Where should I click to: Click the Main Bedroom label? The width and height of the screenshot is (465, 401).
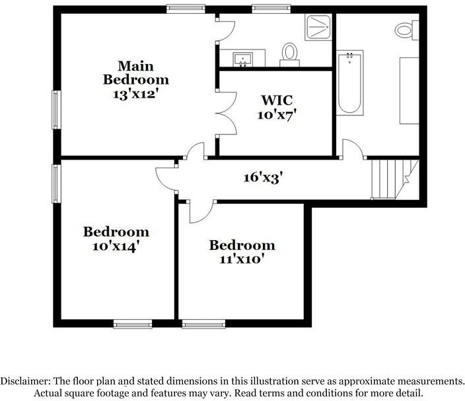click(135, 73)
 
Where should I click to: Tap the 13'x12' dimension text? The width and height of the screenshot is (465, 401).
click(135, 94)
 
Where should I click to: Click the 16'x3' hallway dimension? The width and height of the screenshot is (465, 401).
click(262, 177)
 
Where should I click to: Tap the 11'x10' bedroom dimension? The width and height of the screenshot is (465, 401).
click(242, 259)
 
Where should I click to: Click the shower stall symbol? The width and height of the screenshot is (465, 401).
click(320, 27)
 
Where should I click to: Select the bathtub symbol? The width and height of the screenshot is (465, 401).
click(349, 82)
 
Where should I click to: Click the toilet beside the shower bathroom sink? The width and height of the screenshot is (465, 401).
click(289, 52)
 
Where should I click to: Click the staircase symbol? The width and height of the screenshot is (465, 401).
click(390, 178)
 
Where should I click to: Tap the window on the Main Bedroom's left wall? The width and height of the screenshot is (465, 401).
click(56, 109)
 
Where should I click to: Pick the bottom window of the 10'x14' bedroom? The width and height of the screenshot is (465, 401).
click(132, 324)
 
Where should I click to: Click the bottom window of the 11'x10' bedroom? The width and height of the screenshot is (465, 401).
click(203, 324)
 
